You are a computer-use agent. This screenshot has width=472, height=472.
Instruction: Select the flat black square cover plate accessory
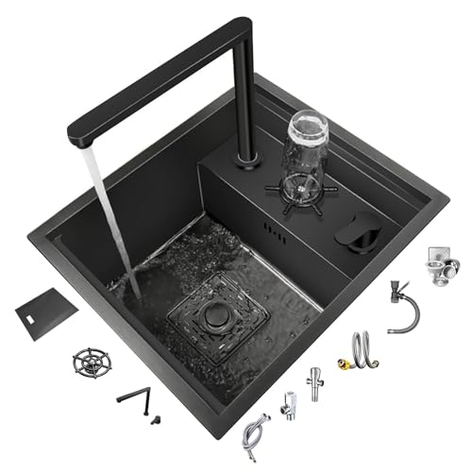coord(46,308)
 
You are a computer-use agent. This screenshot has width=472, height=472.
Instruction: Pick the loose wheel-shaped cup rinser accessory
coord(92,362)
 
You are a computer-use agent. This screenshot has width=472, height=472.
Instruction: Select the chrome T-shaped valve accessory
coord(315,381)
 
